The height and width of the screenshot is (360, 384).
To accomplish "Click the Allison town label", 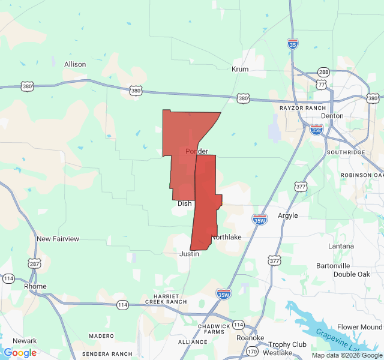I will click(x=75, y=64).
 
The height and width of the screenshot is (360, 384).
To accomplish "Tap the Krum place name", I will click(x=240, y=70).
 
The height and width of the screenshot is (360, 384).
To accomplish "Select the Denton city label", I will click(x=332, y=116).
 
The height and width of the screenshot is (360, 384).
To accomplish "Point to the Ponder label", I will click(x=197, y=151).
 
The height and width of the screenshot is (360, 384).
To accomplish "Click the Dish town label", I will click(x=185, y=204).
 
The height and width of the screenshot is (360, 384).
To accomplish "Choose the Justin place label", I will click(x=189, y=254).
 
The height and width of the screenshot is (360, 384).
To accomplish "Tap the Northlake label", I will click(x=226, y=238).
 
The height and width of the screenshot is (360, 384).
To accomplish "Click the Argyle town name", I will click(x=287, y=216).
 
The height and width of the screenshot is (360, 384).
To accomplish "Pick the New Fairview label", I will click(x=58, y=239).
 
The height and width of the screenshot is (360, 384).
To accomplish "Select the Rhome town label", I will click(x=35, y=286).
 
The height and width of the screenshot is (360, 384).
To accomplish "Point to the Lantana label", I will click(x=341, y=246).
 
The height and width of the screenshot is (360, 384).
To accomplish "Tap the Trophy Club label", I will click(x=287, y=344).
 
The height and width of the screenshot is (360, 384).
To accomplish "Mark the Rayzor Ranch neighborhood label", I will click(x=302, y=108).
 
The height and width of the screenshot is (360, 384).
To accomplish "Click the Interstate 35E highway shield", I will click(x=316, y=129).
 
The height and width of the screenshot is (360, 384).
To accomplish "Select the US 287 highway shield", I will click(x=34, y=264).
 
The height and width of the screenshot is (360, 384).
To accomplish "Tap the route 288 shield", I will click(x=323, y=72).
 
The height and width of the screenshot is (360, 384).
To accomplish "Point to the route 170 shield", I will click(x=253, y=351).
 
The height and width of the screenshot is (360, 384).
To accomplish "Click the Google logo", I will click(x=20, y=353).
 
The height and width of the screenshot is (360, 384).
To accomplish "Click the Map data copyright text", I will click(x=346, y=355).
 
